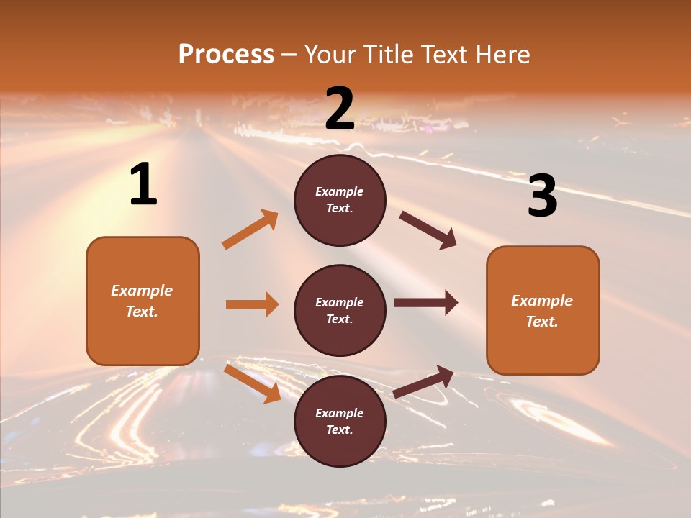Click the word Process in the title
coord(226,54)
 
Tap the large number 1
coord(143,185)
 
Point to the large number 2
coord(340,109)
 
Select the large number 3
coord(542,196)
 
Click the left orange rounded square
coord(143,301)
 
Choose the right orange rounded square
coord(543,310)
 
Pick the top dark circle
coord(340,200)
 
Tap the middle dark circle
coord(340,310)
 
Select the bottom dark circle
coord(340,421)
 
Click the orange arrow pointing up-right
coord(250,230)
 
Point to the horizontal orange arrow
coord(252,304)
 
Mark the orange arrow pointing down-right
coord(252,383)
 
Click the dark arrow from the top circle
coord(428,230)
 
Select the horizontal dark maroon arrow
coord(425,303)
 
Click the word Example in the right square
coord(542,301)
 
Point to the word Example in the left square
coord(142,291)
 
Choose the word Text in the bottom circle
coord(338,430)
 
